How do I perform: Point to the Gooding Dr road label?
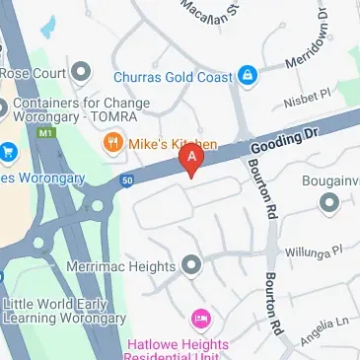click(281, 143)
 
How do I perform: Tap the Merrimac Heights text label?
click(120, 265)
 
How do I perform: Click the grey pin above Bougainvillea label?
click(328, 202)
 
